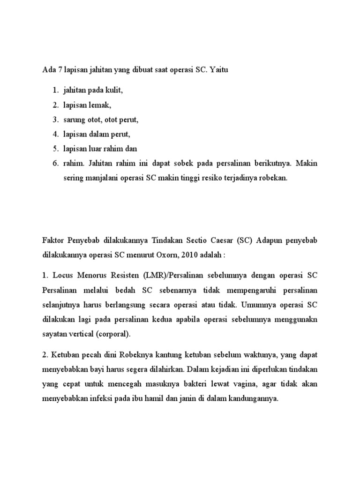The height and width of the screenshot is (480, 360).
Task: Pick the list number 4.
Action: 54,135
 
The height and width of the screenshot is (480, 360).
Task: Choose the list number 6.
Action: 54,165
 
